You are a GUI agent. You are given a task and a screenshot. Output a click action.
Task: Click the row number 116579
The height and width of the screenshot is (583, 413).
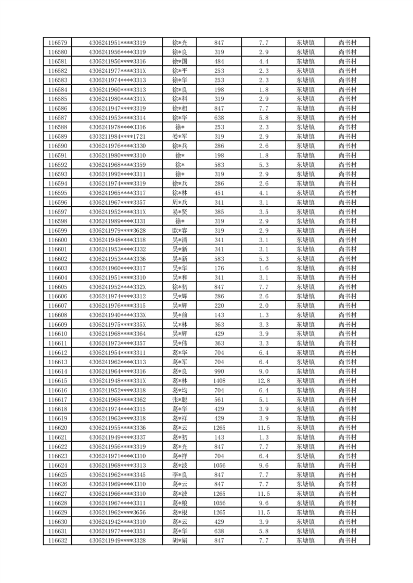[57, 43]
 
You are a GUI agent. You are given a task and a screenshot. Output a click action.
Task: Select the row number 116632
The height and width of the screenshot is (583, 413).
[57, 541]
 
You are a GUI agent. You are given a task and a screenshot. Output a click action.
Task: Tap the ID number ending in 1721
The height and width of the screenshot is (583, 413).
[118, 137]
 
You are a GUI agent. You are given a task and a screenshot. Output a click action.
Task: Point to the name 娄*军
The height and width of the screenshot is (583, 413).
[179, 137]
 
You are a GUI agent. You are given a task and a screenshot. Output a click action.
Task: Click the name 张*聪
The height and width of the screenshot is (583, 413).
[179, 400]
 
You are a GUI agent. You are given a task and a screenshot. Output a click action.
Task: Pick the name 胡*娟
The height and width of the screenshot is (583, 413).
[179, 541]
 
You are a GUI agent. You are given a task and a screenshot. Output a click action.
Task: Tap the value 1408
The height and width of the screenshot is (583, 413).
[219, 381]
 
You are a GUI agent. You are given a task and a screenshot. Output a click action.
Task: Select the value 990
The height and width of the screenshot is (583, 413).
[219, 372]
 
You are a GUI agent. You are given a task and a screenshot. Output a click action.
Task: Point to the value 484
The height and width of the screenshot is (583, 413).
[219, 61]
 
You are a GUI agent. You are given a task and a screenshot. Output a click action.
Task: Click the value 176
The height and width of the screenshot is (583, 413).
[219, 268]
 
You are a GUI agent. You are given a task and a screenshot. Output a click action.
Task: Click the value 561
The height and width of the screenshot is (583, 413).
[219, 400]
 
